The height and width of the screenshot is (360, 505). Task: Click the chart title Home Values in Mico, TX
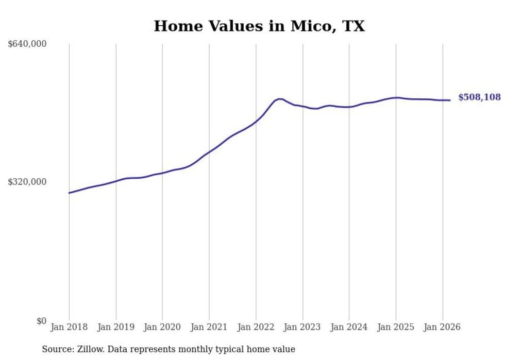pyautogui.click(x=259, y=26)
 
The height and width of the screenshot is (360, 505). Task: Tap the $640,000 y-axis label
pyautogui.click(x=27, y=44)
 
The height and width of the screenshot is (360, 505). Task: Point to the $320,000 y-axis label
pyautogui.click(x=27, y=182)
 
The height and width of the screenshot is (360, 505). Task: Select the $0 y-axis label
pyautogui.click(x=41, y=321)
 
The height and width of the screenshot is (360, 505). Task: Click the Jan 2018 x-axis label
pyautogui.click(x=69, y=327)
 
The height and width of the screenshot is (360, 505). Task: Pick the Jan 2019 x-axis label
pyautogui.click(x=116, y=327)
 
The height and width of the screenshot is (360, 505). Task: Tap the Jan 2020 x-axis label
pyautogui.click(x=162, y=327)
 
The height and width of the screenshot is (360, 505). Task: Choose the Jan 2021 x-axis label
pyautogui.click(x=209, y=327)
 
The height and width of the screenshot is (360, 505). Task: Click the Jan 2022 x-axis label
pyautogui.click(x=256, y=327)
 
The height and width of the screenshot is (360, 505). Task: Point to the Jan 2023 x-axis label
pyautogui.click(x=302, y=327)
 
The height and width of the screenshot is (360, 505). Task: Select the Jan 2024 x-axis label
pyautogui.click(x=349, y=327)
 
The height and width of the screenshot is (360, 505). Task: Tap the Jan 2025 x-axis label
pyautogui.click(x=396, y=327)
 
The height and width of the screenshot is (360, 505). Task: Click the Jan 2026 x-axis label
pyautogui.click(x=442, y=327)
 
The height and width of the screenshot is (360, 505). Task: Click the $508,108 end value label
pyautogui.click(x=479, y=97)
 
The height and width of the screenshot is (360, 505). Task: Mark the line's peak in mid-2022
pyautogui.click(x=279, y=99)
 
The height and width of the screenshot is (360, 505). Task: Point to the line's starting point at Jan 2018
pyautogui.click(x=69, y=193)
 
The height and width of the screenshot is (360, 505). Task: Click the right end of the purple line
pyautogui.click(x=450, y=100)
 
